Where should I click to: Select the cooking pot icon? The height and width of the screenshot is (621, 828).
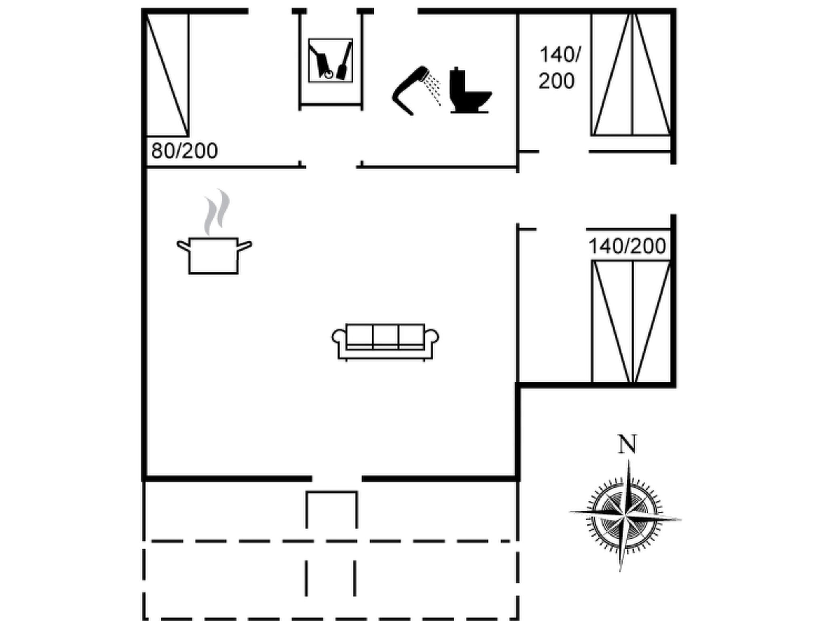pos(213,255)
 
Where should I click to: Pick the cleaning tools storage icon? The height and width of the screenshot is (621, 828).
pos(330,61)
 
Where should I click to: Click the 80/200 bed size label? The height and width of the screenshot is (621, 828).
pos(184,151)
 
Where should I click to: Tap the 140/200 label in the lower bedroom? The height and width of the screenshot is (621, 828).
pos(627,246)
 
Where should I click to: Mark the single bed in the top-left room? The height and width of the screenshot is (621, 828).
pos(167,75)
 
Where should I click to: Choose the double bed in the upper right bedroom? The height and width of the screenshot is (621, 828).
pos(631,75)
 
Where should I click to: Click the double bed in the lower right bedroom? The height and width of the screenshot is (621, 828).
pos(631,321)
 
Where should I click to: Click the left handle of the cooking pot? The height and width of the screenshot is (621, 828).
pos(183,245)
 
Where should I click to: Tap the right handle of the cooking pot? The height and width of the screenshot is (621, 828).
pos(245,245)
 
